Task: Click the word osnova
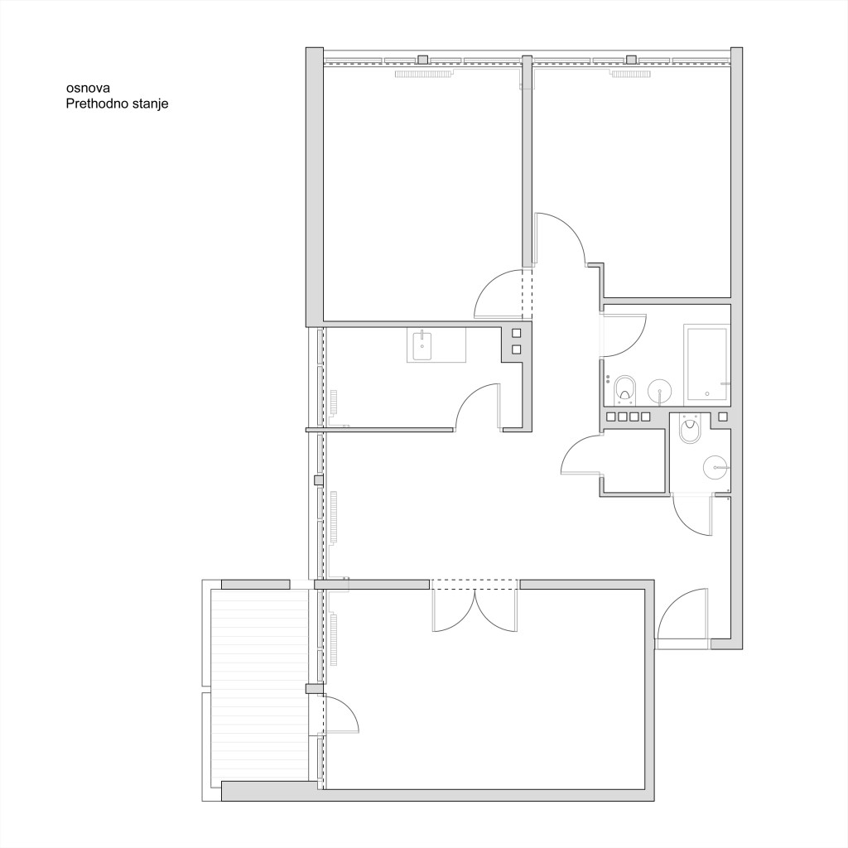[88, 88]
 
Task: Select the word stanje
[150, 104]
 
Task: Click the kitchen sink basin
[422, 346]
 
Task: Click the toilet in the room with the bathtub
[626, 389]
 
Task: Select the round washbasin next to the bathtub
[659, 391]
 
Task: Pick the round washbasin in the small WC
[716, 467]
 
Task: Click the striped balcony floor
[259, 685]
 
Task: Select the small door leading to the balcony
[342, 715]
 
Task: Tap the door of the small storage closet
[582, 455]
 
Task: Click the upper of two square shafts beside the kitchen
[517, 333]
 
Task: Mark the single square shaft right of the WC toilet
[722, 417]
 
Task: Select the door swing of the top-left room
[497, 293]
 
